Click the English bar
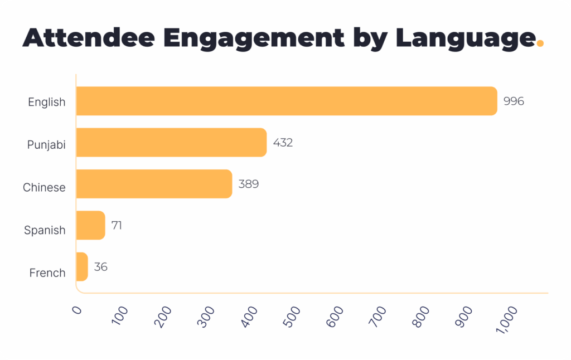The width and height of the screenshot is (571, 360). [286, 101]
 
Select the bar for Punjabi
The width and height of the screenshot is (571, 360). [171, 143]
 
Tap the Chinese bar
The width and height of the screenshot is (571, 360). [153, 184]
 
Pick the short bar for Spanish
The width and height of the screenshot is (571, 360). [90, 225]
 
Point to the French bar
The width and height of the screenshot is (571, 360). [82, 267]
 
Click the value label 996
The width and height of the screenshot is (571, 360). [514, 101]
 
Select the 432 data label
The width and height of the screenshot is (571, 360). [283, 143]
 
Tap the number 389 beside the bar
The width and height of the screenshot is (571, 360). [248, 184]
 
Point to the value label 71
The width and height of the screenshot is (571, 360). [117, 226]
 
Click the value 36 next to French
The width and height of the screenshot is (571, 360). [100, 267]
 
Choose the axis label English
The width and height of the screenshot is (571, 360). [47, 102]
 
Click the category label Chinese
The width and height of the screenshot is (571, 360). [44, 188]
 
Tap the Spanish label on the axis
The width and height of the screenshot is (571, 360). [45, 230]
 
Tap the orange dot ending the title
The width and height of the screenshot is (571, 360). [539, 45]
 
